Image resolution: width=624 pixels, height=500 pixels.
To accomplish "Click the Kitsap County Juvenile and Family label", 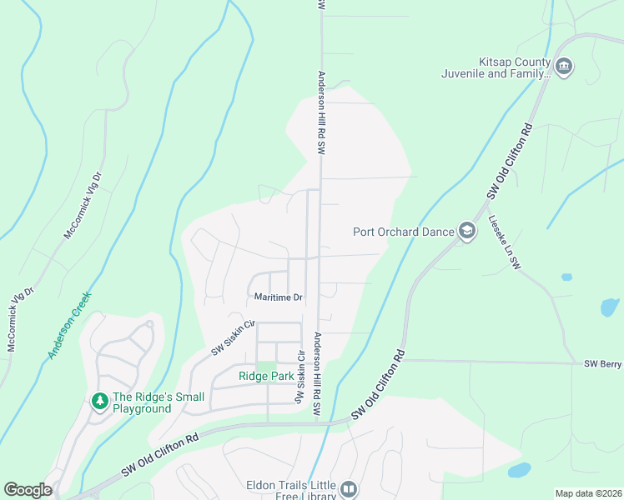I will pos(496,67).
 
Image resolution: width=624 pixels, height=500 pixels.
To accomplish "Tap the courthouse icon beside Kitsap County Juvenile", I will pos(564,67).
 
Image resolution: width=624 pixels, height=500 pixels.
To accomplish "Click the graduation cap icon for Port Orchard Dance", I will pos(466,232).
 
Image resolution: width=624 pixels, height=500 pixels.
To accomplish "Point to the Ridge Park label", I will pos(266,377).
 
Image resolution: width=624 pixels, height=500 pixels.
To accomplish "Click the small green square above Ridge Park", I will pos(266,366).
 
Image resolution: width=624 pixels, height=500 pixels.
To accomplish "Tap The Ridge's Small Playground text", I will pos(142,402).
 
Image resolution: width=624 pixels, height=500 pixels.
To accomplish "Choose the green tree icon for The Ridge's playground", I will pos(100,402).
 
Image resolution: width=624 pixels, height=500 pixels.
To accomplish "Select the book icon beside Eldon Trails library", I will pos(350,489).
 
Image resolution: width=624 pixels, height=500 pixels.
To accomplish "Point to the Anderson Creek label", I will pos(69,325).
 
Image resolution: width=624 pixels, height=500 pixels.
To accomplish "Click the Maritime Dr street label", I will pos(278,297).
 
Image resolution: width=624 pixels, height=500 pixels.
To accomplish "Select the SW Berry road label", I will pos(602,364).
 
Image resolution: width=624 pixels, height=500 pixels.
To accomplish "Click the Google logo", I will pos(28,490).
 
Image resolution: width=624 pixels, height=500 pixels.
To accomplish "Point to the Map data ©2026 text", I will pos(587,493).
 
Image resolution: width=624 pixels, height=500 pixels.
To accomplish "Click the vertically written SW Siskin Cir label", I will pos(299,377).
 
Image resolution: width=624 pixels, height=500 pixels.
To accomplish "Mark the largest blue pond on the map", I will pos(519,470).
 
